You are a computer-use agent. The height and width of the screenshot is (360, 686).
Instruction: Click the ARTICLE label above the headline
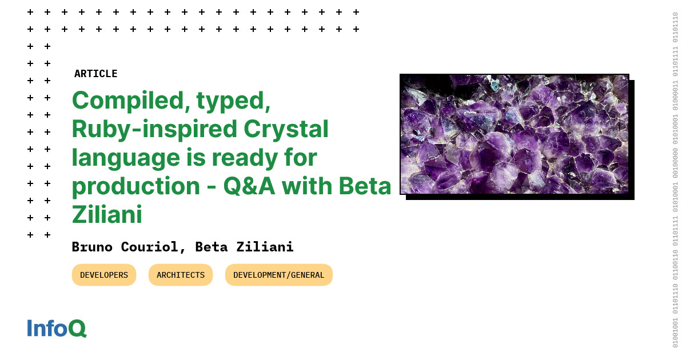click(x=95, y=74)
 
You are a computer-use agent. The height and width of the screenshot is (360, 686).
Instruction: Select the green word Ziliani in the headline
click(x=107, y=214)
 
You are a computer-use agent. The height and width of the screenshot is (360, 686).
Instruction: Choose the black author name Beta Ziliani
click(x=244, y=247)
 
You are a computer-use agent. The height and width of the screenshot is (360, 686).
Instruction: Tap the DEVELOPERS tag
click(x=104, y=275)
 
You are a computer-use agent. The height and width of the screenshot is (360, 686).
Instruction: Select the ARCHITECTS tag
click(x=181, y=275)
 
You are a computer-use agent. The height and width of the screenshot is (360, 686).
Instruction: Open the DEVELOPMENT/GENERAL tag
click(x=278, y=275)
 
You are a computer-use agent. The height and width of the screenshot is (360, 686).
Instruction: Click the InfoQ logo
click(x=57, y=328)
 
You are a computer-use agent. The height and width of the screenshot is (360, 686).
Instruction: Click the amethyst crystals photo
click(x=514, y=134)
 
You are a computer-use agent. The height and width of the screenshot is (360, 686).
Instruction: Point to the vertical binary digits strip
click(x=675, y=180)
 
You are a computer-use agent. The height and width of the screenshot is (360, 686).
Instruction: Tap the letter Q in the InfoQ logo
click(x=77, y=328)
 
